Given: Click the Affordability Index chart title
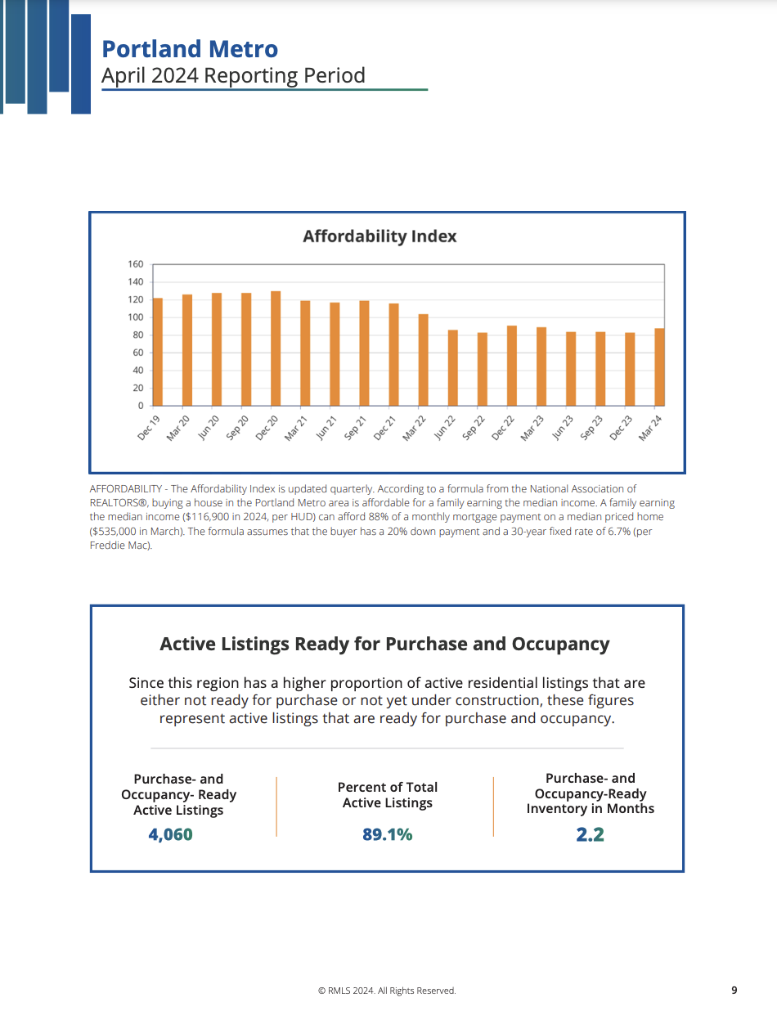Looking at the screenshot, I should [x=380, y=236].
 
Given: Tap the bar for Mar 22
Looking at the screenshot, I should [x=423, y=360].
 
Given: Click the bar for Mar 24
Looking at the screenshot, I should [x=659, y=367].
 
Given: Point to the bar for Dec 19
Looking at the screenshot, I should [x=158, y=352].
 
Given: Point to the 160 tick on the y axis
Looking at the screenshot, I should [x=136, y=264].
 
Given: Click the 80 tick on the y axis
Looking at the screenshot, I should [x=137, y=335].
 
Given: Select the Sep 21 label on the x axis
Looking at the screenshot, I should [x=355, y=428].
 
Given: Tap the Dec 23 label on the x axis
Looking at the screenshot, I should [x=621, y=428].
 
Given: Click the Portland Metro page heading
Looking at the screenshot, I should [x=190, y=49].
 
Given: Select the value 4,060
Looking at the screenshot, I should [x=170, y=835].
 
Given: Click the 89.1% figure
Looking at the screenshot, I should [x=388, y=835].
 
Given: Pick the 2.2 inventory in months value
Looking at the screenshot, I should [x=590, y=835].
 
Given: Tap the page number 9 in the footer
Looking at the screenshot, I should [x=734, y=991].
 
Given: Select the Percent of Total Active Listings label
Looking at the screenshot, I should [x=388, y=795].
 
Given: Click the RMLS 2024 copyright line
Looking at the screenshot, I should [x=387, y=991].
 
